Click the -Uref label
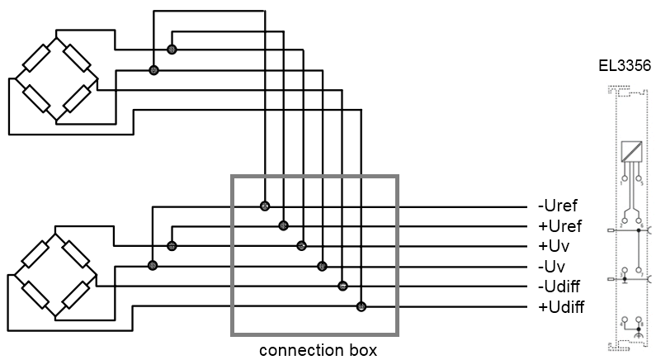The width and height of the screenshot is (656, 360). [557, 206]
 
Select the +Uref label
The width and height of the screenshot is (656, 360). [559, 226]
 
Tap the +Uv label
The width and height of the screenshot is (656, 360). [554, 246]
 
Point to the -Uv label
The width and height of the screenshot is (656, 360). [551, 266]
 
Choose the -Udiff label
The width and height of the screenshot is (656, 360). [559, 287]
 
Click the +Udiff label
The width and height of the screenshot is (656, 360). [561, 307]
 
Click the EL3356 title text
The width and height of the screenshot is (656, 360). [625, 66]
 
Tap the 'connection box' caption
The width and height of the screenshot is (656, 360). [318, 349]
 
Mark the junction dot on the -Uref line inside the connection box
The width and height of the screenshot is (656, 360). [265, 206]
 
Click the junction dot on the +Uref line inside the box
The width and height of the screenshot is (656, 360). [283, 226]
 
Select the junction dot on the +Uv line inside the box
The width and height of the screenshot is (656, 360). [302, 246]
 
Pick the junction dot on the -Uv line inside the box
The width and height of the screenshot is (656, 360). [322, 266]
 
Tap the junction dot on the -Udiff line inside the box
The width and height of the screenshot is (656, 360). [342, 286]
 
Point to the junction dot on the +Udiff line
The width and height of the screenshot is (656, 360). [361, 306]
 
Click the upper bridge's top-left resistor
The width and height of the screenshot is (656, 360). [37, 58]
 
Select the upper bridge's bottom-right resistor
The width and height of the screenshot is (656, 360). [77, 99]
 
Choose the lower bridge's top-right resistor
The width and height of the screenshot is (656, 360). [76, 254]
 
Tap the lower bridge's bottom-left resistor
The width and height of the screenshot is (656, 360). [36, 295]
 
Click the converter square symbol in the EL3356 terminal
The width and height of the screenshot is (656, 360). [632, 152]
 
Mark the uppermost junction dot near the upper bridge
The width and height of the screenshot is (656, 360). [172, 50]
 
